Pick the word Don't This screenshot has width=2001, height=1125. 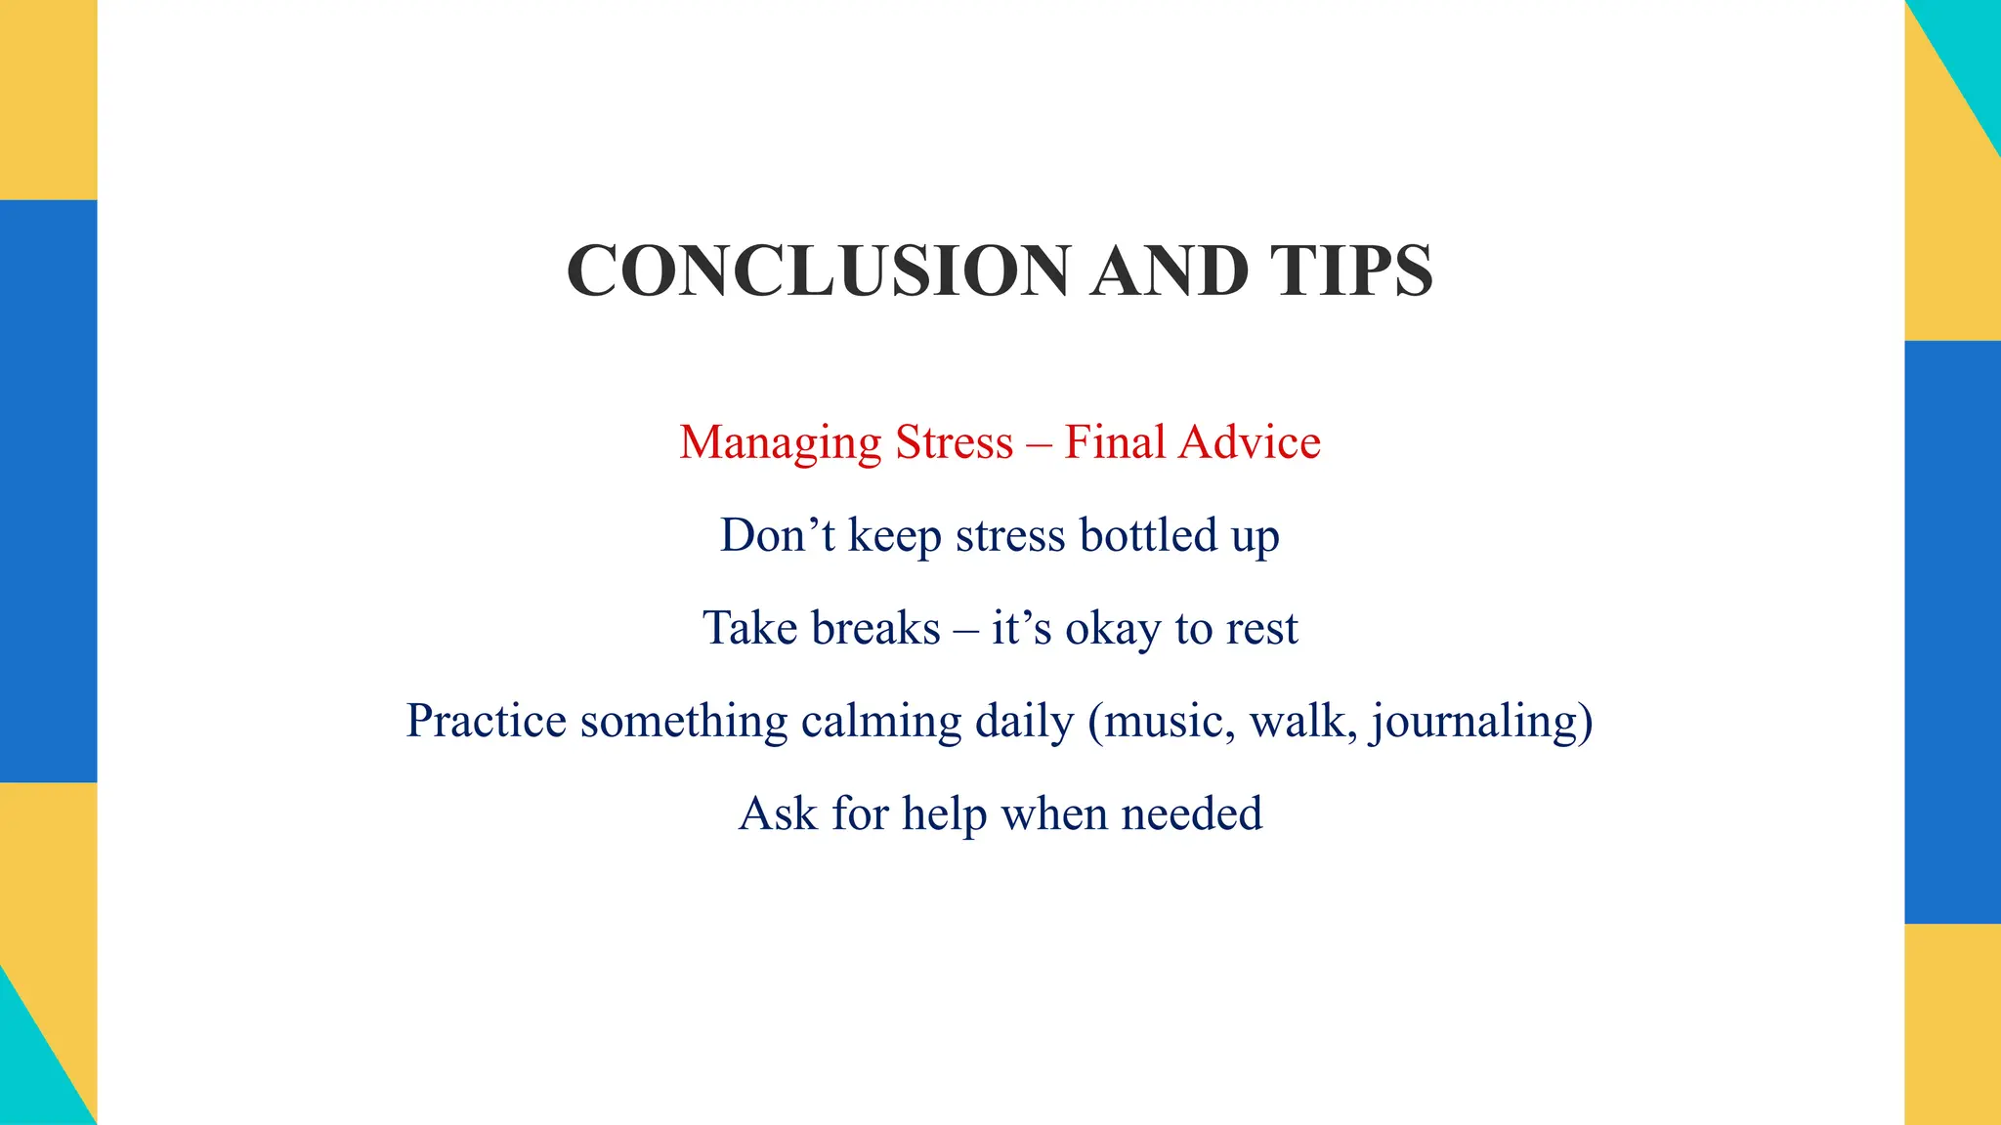pos(777,536)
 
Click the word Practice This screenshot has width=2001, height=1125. pos(486,722)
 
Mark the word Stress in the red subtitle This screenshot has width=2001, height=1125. pos(955,442)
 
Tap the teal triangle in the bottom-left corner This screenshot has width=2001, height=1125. pos(29,1074)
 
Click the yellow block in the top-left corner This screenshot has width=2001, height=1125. pos(48,98)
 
